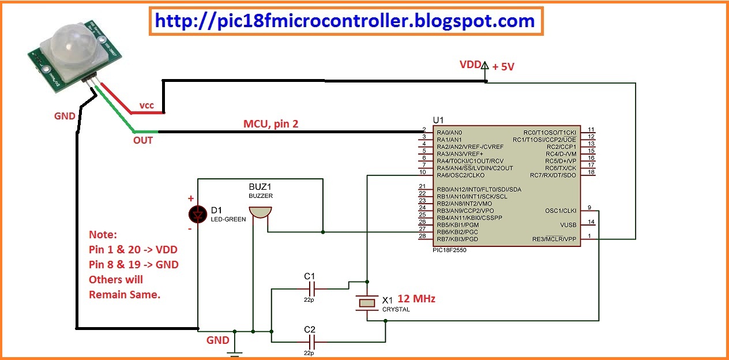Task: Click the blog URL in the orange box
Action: point(345,21)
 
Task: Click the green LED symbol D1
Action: point(198,215)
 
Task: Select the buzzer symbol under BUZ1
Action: point(260,212)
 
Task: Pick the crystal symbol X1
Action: point(367,303)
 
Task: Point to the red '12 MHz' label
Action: point(416,298)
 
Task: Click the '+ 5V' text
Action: point(503,67)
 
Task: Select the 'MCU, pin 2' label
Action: point(270,124)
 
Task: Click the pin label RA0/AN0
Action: point(449,133)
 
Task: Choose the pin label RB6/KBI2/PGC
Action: point(457,232)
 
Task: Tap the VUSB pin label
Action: point(568,225)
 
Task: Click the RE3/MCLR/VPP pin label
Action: point(554,239)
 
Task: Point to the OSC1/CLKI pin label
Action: point(561,211)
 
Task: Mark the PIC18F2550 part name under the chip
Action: point(449,250)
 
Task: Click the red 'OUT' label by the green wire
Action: point(143,140)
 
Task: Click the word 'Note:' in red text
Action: point(103,235)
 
